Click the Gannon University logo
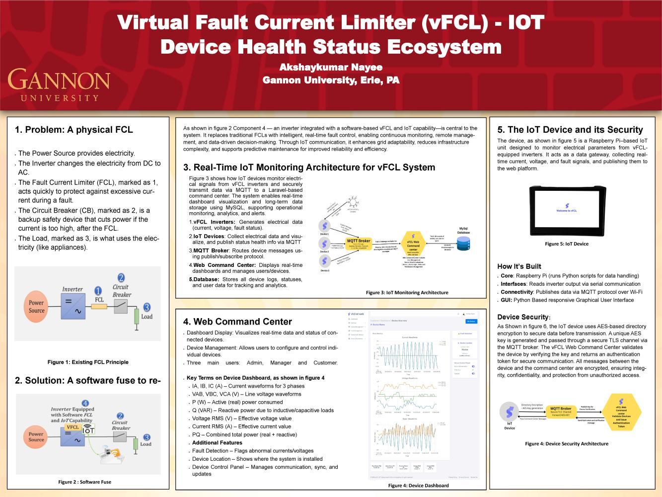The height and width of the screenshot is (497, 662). click(59, 84)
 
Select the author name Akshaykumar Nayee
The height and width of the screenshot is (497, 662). click(331, 67)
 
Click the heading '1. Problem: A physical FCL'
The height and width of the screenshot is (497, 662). click(74, 130)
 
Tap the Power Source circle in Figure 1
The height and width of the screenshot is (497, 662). click(36, 306)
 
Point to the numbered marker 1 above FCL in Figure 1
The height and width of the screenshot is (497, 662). click(98, 291)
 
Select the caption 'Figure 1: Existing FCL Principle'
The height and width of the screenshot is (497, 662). click(88, 362)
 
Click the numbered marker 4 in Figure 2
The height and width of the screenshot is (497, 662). click(85, 403)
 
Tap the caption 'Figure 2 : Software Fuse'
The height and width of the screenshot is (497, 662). click(84, 482)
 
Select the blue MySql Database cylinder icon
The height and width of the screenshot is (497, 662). click(463, 244)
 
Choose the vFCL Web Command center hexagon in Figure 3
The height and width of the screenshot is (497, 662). click(413, 243)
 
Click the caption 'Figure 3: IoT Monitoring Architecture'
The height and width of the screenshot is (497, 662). click(407, 293)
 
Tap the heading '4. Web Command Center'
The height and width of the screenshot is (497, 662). click(237, 322)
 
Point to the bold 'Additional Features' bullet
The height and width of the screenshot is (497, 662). click(217, 442)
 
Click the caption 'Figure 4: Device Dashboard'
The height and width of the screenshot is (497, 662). click(418, 486)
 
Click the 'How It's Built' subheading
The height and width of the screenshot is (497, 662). click(519, 266)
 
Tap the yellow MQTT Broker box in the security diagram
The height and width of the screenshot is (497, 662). click(561, 411)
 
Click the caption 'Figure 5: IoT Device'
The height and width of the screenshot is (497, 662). click(566, 244)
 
